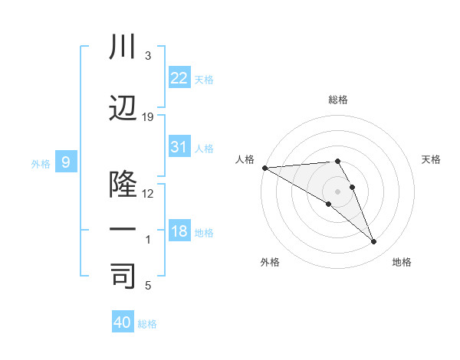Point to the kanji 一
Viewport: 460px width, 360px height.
click(123, 230)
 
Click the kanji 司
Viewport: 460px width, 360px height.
click(123, 275)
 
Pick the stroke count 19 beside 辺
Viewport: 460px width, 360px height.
click(148, 117)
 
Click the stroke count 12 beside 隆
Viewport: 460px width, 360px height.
click(148, 193)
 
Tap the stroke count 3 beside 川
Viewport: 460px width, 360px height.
click(148, 56)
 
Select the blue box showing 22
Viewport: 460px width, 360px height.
click(179, 78)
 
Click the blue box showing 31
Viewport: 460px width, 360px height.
click(179, 147)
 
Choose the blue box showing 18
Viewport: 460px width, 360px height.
click(179, 231)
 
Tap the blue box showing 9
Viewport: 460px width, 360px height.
click(66, 162)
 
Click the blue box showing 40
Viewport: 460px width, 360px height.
click(123, 322)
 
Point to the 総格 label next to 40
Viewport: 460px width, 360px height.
click(147, 324)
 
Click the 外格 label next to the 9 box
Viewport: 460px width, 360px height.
click(41, 163)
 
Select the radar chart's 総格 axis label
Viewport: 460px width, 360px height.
click(337, 100)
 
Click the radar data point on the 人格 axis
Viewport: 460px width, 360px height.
click(264, 168)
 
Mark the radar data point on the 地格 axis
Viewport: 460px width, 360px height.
click(373, 242)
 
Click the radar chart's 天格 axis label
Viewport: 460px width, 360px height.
click(431, 159)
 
